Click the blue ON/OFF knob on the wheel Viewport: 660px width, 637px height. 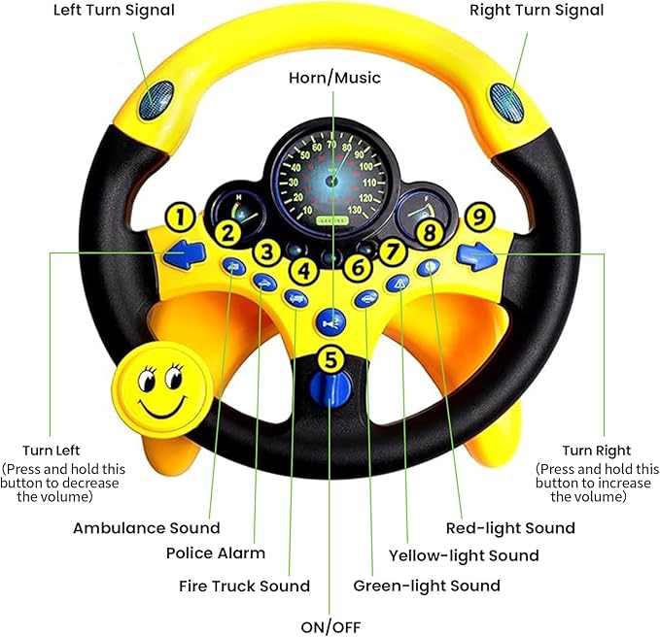click(332, 392)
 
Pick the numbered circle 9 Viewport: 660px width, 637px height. click(476, 217)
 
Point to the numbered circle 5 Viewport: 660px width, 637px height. click(332, 358)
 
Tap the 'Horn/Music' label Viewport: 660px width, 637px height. click(335, 77)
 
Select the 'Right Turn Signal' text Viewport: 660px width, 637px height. click(536, 12)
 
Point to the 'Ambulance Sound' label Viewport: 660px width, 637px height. click(146, 528)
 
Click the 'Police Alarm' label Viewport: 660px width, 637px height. click(217, 553)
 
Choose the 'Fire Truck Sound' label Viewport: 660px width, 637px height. click(244, 586)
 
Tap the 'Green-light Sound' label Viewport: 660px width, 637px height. click(427, 586)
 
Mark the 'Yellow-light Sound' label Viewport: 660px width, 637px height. click(464, 555)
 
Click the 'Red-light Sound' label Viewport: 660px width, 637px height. click(510, 528)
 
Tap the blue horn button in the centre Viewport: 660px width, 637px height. click(331, 318)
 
